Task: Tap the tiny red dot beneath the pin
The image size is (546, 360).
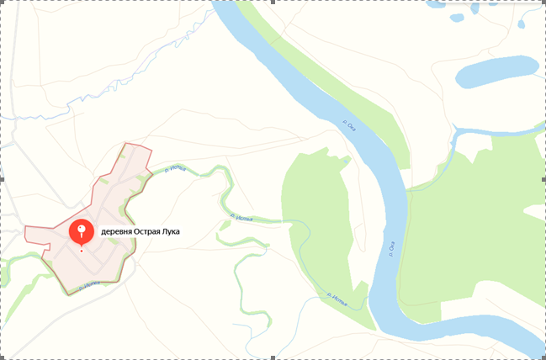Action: (82, 250)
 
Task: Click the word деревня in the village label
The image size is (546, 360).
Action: (119, 231)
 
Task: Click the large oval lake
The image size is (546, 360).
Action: (496, 71)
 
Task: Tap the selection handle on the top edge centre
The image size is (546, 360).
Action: (273, 2)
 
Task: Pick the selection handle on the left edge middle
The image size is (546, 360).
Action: (2, 179)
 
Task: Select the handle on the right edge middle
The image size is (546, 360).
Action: (543, 179)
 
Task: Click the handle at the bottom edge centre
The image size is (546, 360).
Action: (273, 357)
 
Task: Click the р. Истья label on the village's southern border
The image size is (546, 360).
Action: (89, 287)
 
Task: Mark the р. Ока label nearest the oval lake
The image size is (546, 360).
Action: (351, 124)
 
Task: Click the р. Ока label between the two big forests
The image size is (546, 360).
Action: (391, 247)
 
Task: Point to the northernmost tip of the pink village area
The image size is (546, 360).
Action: (125, 146)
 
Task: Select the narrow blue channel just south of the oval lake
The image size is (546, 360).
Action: (496, 130)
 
